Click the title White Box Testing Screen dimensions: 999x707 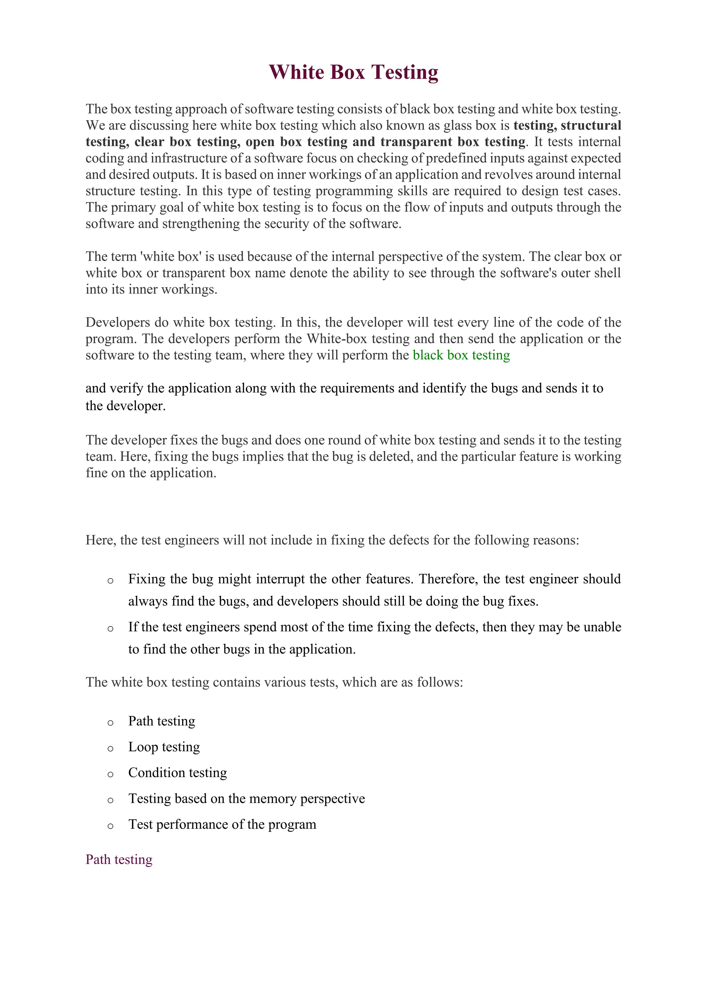pos(353,72)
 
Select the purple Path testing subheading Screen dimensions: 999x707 pos(119,859)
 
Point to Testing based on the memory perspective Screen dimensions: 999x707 pos(246,799)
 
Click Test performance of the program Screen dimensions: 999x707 pos(222,824)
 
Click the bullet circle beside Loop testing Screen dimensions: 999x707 pos(110,748)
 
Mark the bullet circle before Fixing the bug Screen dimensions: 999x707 pos(110,581)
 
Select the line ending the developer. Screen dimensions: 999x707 pos(125,406)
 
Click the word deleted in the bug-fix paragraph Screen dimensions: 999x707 pos(391,457)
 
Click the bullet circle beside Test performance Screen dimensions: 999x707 pos(110,826)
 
